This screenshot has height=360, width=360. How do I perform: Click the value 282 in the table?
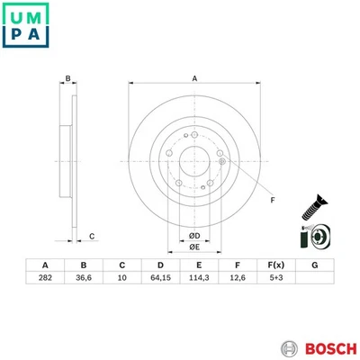45,280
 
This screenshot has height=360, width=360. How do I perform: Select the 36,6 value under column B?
84,280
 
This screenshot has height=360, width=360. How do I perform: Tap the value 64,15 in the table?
160,280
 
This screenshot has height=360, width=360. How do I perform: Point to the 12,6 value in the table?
237,280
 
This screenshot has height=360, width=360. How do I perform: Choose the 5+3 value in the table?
275,280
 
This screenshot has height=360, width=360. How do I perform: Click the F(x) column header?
275,265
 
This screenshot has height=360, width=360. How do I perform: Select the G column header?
314,265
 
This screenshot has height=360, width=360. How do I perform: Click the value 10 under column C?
121,280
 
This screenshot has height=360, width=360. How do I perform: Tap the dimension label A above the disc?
194,79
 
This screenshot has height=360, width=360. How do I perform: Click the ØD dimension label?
193,236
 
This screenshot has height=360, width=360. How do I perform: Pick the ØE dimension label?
193,249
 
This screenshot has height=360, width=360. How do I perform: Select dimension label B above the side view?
67,79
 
